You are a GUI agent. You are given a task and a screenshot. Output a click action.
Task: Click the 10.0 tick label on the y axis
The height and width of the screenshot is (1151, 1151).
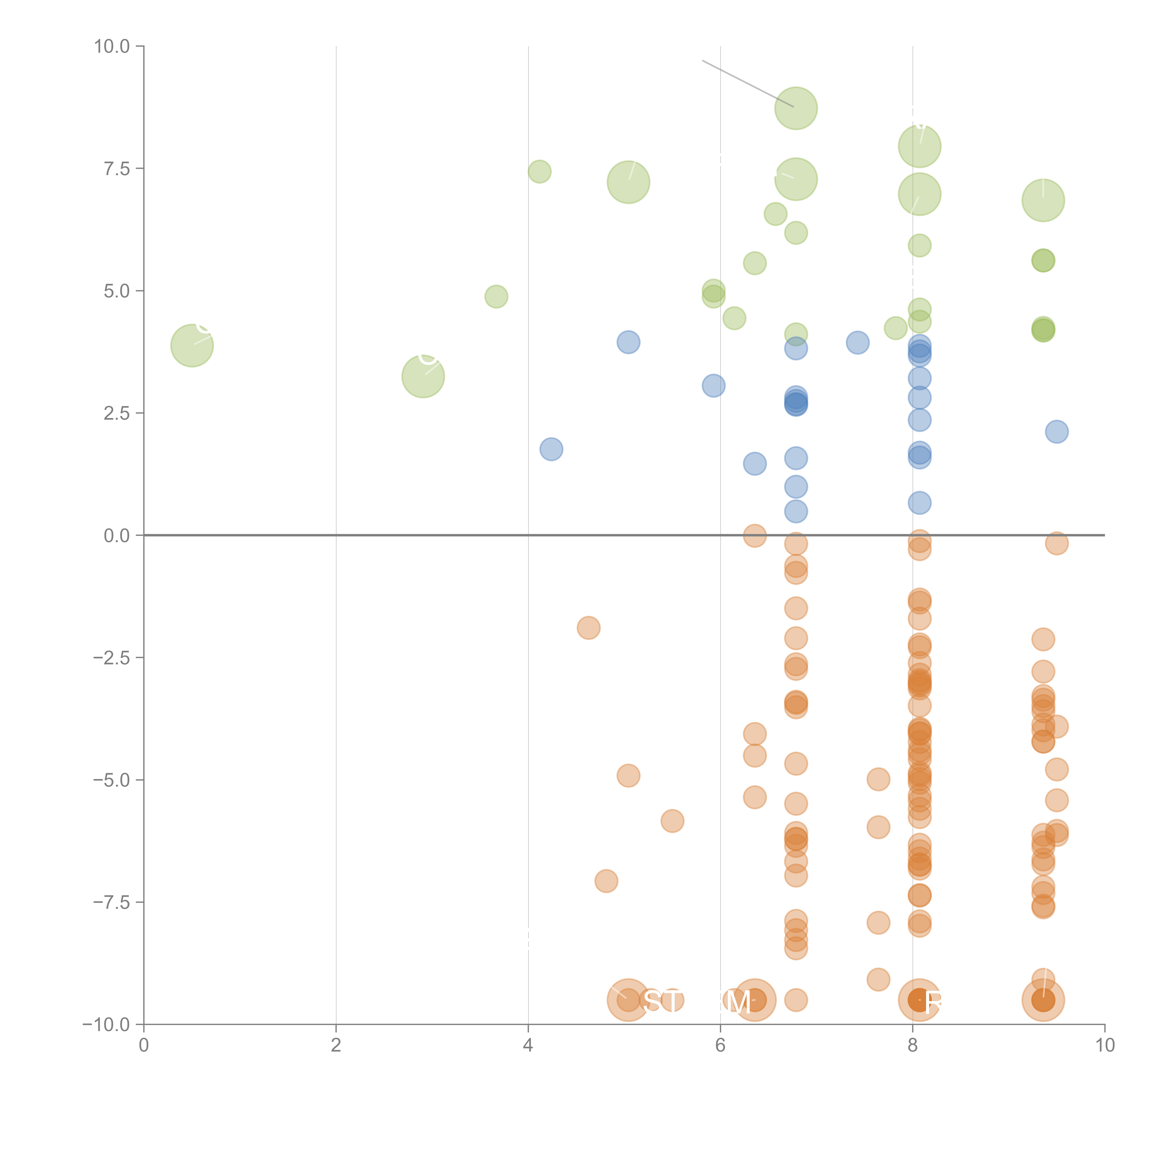pyautogui.click(x=111, y=47)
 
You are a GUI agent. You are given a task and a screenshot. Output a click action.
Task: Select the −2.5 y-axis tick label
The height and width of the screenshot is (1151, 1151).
pyautogui.click(x=111, y=658)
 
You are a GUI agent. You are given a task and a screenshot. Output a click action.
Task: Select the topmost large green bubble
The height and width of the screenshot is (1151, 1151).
pyautogui.click(x=796, y=108)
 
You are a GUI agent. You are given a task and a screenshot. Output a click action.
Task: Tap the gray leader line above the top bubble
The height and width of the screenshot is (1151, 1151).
pyautogui.click(x=748, y=83)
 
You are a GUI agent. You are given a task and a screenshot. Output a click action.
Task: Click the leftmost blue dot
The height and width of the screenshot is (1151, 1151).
pyautogui.click(x=551, y=449)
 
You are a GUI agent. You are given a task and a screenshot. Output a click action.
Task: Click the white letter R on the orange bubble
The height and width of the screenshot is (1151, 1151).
pyautogui.click(x=933, y=1003)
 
